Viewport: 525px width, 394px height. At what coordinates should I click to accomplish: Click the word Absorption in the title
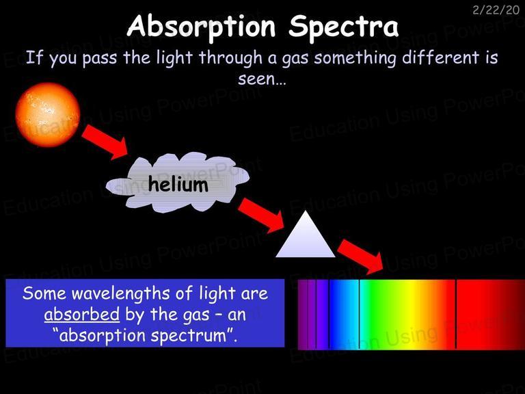201,27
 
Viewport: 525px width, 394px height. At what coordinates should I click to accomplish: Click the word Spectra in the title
344,27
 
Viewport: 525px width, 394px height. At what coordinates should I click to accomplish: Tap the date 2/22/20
496,10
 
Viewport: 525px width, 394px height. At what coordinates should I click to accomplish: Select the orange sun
48,115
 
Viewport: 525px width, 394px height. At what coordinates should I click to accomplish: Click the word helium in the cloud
178,184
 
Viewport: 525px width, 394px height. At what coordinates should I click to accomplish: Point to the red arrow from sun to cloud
105,142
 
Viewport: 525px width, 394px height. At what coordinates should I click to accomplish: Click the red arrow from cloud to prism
261,215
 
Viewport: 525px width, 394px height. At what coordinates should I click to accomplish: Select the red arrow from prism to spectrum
361,257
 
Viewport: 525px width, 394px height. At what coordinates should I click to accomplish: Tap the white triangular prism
305,235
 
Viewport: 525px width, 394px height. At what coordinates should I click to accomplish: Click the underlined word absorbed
82,314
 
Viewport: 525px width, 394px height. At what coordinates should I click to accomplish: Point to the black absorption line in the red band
456,314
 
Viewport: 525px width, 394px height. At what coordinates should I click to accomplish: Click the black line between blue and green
359,314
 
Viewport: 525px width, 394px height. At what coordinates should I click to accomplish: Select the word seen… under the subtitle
262,79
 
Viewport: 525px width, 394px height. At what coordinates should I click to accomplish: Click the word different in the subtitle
440,57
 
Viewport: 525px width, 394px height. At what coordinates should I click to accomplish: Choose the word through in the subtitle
230,58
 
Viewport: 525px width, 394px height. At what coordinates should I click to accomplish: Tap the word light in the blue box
216,294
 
